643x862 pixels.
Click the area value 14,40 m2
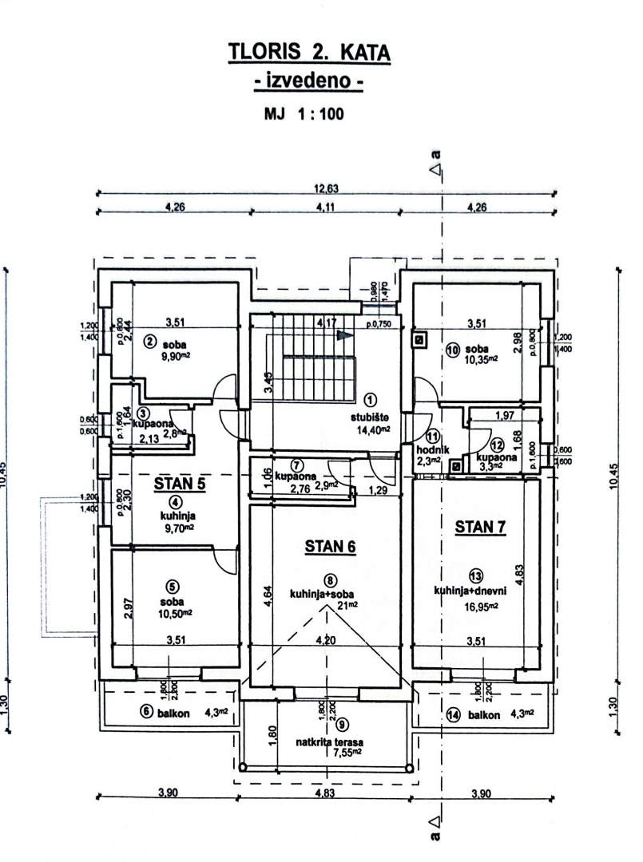point(370,429)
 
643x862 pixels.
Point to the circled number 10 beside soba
point(453,349)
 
